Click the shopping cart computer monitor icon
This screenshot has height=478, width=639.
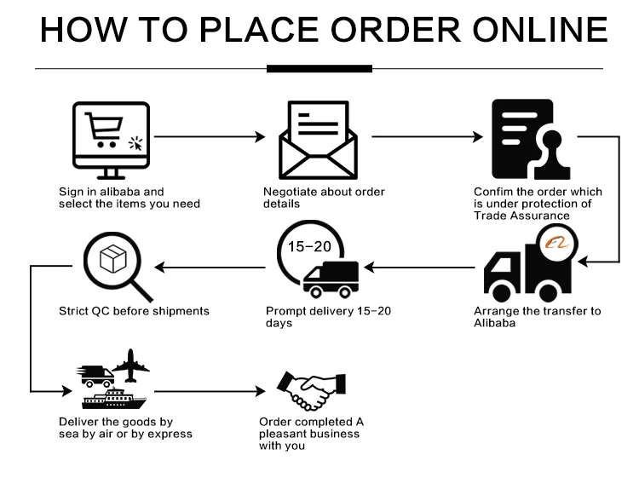tap(111, 137)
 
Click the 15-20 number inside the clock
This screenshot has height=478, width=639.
tap(308, 247)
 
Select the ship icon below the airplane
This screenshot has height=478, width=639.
tap(113, 399)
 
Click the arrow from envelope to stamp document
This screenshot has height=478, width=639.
tap(424, 136)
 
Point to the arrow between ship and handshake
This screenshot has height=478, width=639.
tap(209, 392)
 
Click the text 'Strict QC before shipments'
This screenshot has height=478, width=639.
tap(134, 311)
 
